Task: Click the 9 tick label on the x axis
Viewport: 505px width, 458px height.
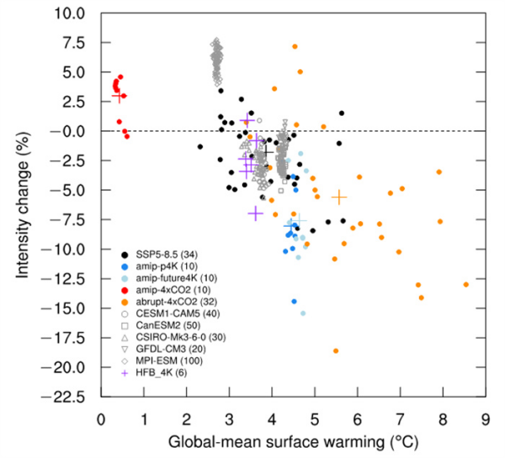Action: click(485, 418)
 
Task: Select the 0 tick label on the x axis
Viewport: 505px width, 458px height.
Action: click(101, 418)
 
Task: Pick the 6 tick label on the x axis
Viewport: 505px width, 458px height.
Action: click(357, 418)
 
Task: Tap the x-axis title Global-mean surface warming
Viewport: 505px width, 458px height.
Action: click(292, 441)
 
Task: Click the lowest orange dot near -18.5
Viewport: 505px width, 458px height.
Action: click(336, 350)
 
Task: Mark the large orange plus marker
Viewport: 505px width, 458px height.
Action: click(339, 197)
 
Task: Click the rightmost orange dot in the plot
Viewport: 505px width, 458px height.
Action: click(465, 285)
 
